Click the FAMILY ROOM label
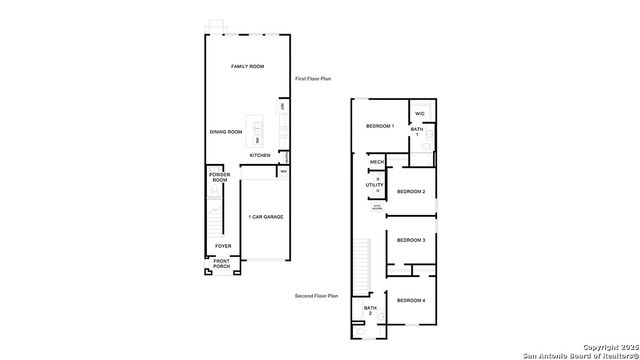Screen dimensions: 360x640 click(247, 66)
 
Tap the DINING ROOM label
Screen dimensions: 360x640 click(226, 132)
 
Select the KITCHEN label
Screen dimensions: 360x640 click(260, 155)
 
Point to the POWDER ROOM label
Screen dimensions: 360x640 click(220, 177)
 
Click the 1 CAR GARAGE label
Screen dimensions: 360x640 click(265, 216)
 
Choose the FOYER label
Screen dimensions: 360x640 click(223, 246)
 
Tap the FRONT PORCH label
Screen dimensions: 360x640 click(221, 264)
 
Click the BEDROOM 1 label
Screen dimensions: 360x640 click(380, 126)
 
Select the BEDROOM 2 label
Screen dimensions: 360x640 click(411, 191)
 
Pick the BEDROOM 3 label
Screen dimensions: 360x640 click(411, 240)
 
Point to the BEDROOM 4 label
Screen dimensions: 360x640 click(411, 300)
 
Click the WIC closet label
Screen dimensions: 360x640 click(420, 113)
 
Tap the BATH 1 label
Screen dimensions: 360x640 click(418, 131)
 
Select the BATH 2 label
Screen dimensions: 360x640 click(369, 310)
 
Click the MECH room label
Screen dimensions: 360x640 click(377, 162)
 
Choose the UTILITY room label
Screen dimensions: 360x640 click(375, 185)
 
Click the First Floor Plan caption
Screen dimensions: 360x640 click(313, 78)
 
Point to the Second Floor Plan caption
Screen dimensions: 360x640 click(317, 296)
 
